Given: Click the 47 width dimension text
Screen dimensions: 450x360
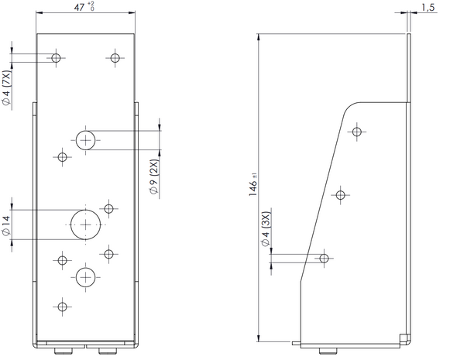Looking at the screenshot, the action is pyautogui.click(x=84, y=7).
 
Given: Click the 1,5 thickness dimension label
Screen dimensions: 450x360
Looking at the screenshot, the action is pyautogui.click(x=428, y=8).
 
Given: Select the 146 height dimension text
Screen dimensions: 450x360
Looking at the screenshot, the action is pyautogui.click(x=253, y=185).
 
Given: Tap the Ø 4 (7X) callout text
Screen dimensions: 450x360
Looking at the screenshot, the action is pyautogui.click(x=7, y=88).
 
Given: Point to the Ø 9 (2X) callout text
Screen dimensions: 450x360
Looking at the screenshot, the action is pyautogui.click(x=154, y=177).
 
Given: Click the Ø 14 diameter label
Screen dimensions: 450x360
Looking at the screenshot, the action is pyautogui.click(x=6, y=226).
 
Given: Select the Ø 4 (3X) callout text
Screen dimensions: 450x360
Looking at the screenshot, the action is pyautogui.click(x=266, y=229).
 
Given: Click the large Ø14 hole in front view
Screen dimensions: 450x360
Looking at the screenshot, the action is pyautogui.click(x=85, y=225).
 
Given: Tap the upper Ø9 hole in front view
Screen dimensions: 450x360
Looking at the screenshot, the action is pyautogui.click(x=85, y=140).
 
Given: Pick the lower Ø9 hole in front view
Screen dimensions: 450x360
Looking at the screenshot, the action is pyautogui.click(x=85, y=277).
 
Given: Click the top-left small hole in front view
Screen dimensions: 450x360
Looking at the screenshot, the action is pyautogui.click(x=56, y=58).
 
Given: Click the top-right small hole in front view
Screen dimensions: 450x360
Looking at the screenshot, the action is pyautogui.click(x=115, y=58).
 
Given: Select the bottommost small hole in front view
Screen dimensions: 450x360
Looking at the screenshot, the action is pyautogui.click(x=62, y=307).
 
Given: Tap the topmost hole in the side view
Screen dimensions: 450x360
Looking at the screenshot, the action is pyautogui.click(x=357, y=132).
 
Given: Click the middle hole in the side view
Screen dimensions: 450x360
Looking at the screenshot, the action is pyautogui.click(x=340, y=195).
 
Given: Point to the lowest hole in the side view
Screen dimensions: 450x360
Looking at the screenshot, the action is pyautogui.click(x=324, y=258).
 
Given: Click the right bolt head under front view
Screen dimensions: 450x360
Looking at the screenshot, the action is pyautogui.click(x=108, y=351).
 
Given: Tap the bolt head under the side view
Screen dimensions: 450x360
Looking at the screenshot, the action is pyautogui.click(x=328, y=351).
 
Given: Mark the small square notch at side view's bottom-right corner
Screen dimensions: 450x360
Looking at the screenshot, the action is pyautogui.click(x=404, y=337).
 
